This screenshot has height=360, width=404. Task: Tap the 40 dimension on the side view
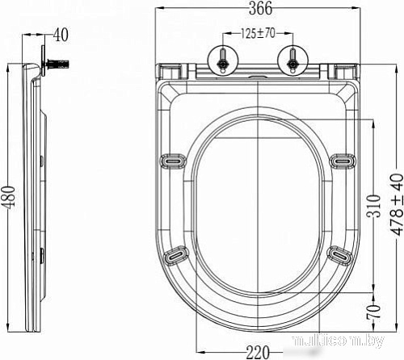[61, 35]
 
